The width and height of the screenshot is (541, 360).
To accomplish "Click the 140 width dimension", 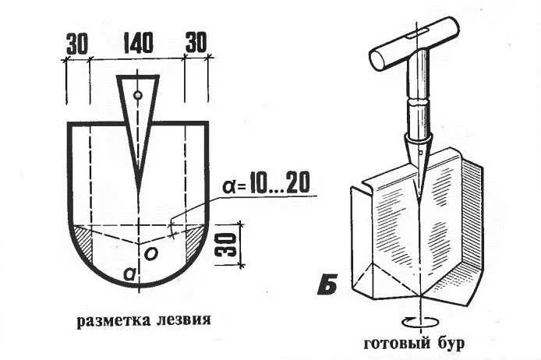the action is [137, 43].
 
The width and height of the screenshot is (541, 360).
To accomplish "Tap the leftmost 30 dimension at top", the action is [77, 44].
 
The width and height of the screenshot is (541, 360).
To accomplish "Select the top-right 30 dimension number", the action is [196, 42].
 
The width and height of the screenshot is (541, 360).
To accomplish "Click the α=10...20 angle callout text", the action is [265, 183].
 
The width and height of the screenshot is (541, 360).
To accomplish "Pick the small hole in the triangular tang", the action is [138, 94].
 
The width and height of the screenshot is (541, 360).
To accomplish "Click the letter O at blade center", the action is [151, 254].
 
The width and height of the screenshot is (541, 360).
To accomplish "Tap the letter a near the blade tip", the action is [129, 274].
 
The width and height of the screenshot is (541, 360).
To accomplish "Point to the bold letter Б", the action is [327, 285].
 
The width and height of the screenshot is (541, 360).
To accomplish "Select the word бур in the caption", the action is [451, 344].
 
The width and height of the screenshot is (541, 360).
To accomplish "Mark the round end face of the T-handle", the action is [378, 59].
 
